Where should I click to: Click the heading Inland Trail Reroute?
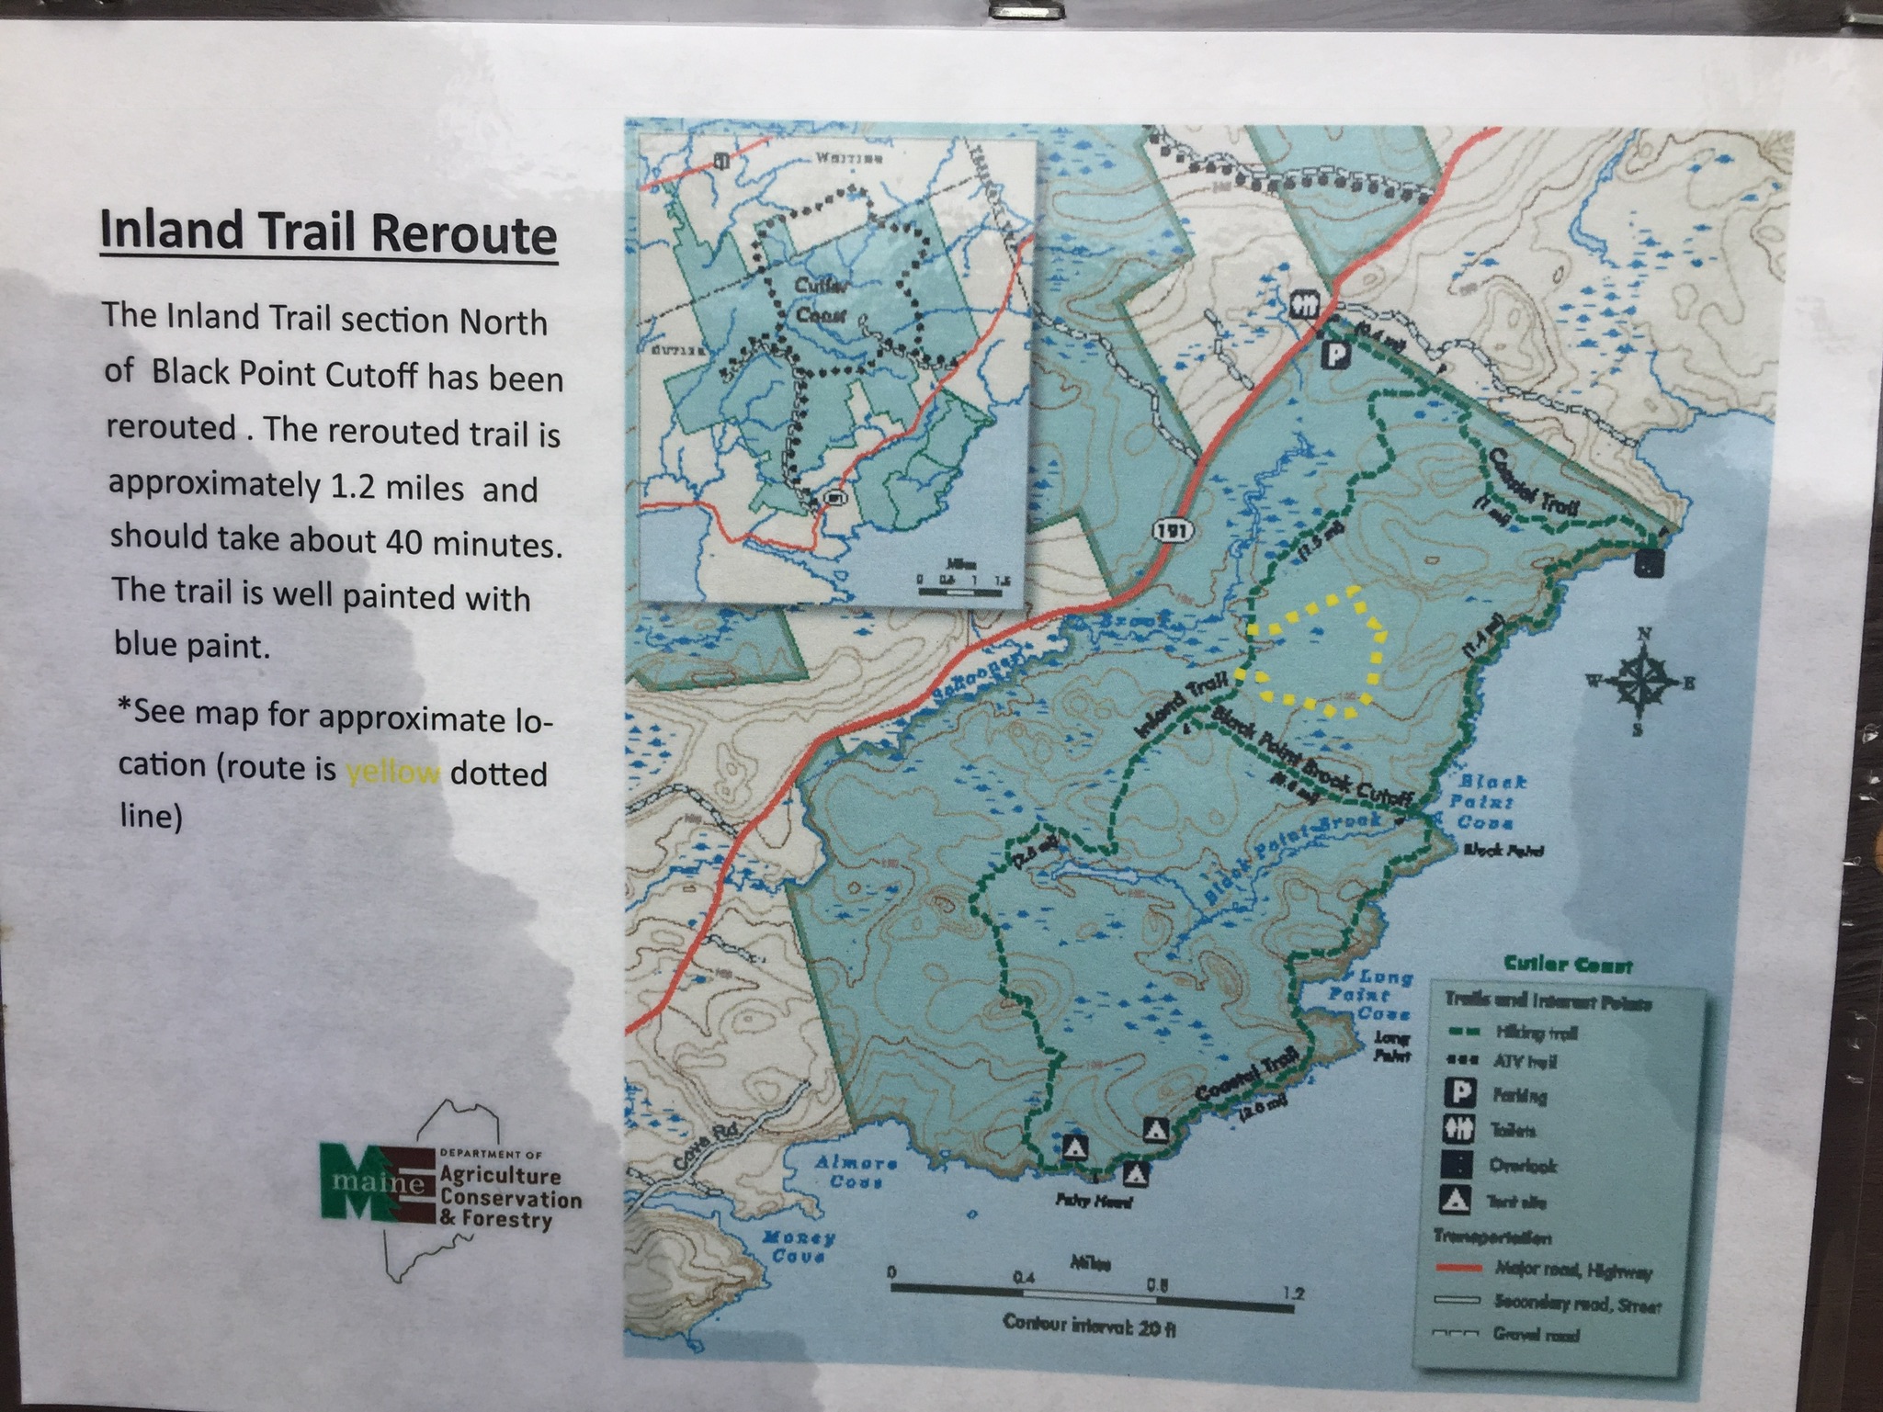[x=328, y=232]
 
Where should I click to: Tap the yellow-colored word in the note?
[x=392, y=772]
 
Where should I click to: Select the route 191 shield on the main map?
[x=1166, y=530]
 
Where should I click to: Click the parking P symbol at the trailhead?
[x=1334, y=354]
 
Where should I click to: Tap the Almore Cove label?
[x=855, y=1171]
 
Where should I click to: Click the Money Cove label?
[x=798, y=1246]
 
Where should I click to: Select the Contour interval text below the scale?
[x=1089, y=1324]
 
